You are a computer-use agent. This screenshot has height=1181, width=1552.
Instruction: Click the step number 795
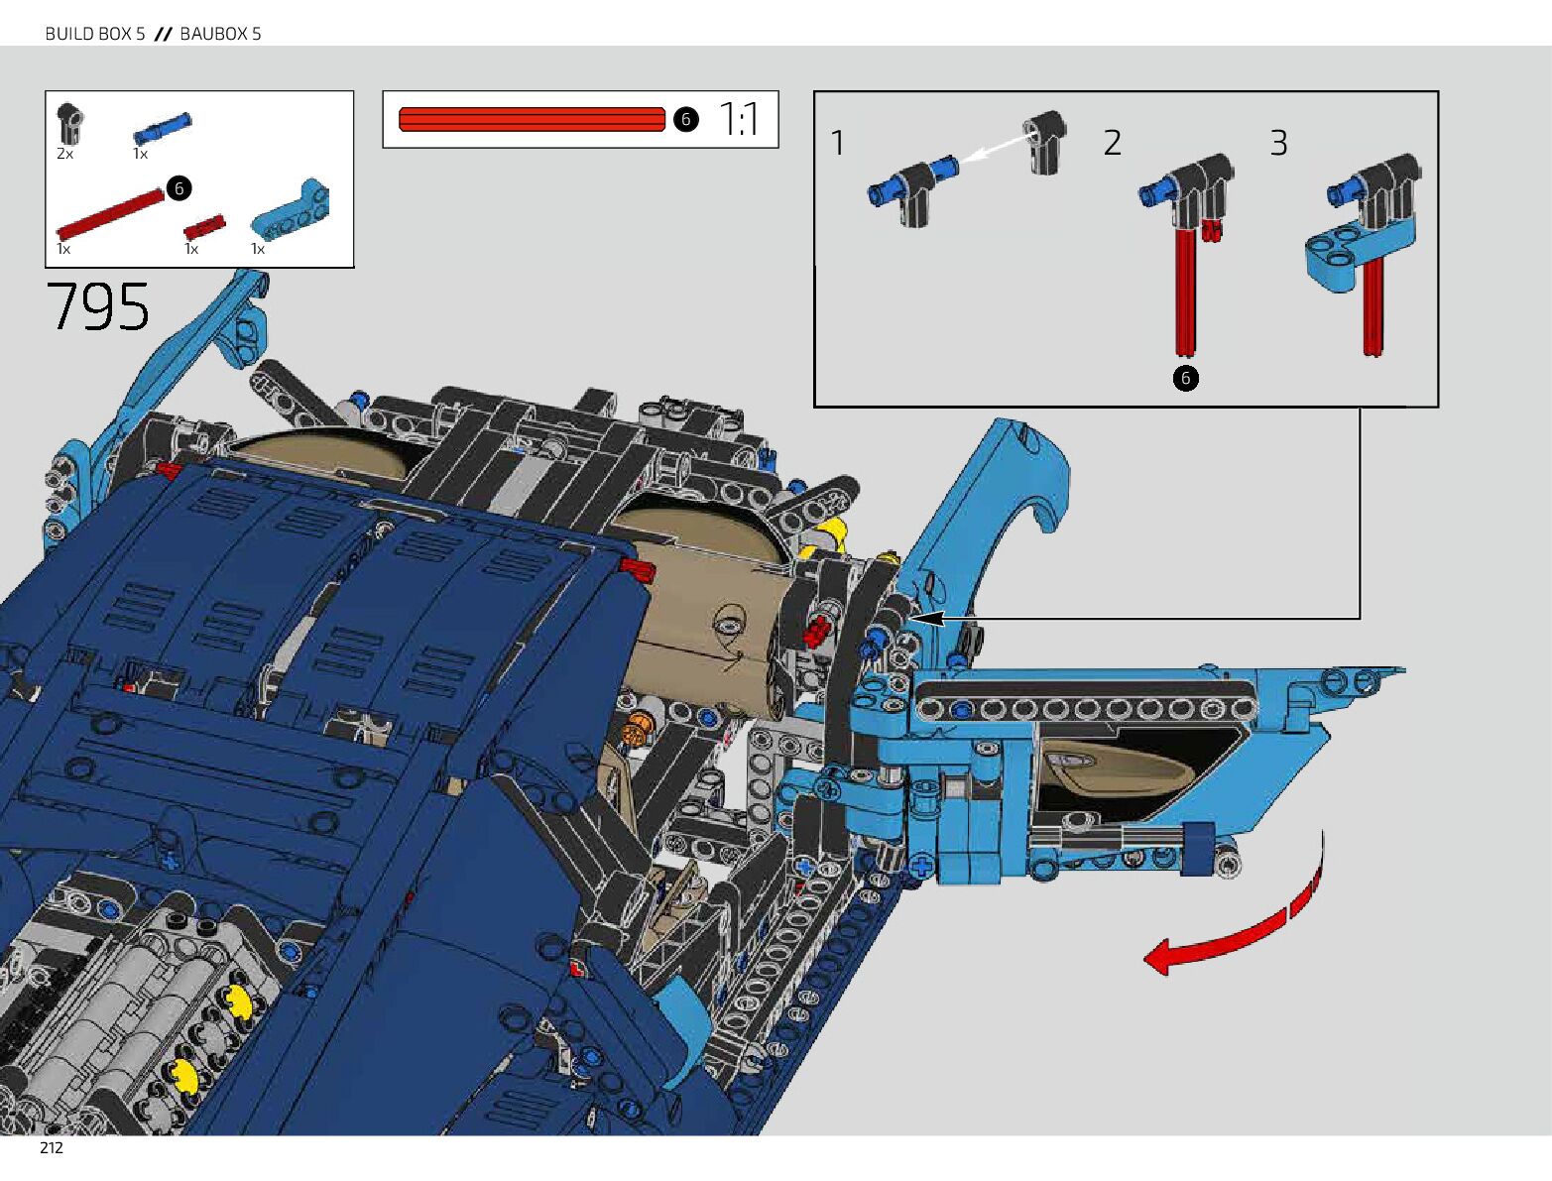97,306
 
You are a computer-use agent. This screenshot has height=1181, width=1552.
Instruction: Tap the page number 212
52,1148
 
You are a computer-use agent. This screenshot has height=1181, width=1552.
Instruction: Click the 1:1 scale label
739,119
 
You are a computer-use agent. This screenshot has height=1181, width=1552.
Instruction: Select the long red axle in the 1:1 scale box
532,119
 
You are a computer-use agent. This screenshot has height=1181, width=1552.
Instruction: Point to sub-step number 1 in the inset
838,143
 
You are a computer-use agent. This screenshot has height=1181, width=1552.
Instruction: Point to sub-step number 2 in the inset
1113,143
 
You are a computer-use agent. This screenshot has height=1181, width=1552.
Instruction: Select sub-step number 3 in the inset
1279,143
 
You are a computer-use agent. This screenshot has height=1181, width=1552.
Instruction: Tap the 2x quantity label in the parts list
65,154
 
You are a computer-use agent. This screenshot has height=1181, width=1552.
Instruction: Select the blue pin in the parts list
163,128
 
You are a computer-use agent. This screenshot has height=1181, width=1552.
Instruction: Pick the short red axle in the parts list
204,227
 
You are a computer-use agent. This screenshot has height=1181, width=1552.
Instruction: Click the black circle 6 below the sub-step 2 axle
1185,378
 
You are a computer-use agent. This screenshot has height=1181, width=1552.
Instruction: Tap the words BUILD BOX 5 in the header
95,34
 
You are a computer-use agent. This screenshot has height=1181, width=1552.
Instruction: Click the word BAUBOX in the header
213,34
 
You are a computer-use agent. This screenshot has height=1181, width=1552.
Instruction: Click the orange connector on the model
636,734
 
